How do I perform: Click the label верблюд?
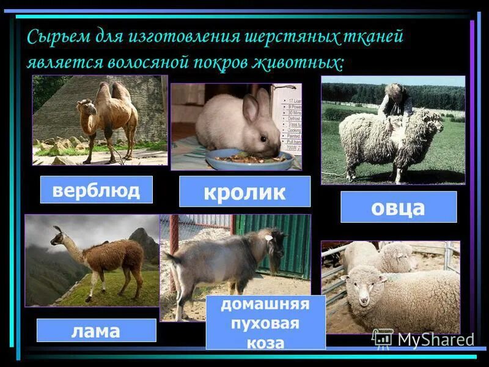pyautogui.click(x=96, y=190)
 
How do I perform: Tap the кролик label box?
pyautogui.click(x=244, y=191)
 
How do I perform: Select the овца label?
pyautogui.click(x=398, y=207)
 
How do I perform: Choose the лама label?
pyautogui.click(x=96, y=330)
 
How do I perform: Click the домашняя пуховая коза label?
pyautogui.click(x=265, y=323)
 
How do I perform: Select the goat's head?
pyautogui.click(x=276, y=242)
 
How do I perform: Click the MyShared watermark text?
pyautogui.click(x=435, y=339)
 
